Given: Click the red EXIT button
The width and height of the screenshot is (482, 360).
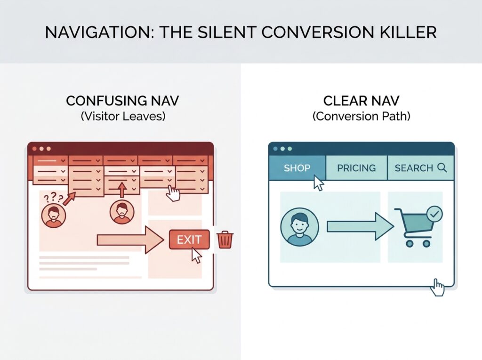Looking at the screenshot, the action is pos(189,240).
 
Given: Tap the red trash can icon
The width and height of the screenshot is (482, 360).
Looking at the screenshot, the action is pos(225,240).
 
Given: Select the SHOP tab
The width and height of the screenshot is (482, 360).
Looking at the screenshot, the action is pos(297,168).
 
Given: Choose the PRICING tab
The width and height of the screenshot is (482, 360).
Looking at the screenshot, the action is pos(356,168).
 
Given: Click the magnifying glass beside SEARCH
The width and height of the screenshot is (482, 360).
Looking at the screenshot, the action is pos(442,168).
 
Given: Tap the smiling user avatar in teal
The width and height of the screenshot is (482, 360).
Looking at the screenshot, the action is pos(299,227).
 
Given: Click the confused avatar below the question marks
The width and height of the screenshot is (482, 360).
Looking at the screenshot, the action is pos(54,216).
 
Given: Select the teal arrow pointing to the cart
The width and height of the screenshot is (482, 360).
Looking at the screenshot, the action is pos(360,227).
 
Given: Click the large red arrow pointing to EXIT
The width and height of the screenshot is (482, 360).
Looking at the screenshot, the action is pos(130,240).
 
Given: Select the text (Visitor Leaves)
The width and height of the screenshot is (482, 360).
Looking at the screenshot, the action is pos(123,116).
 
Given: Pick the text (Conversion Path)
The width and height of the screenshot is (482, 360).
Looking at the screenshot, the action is pos(361,116).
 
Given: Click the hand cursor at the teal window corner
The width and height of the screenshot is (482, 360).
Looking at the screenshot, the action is pos(437,288).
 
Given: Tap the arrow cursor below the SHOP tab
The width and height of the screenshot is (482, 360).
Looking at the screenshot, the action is pos(318,183).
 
